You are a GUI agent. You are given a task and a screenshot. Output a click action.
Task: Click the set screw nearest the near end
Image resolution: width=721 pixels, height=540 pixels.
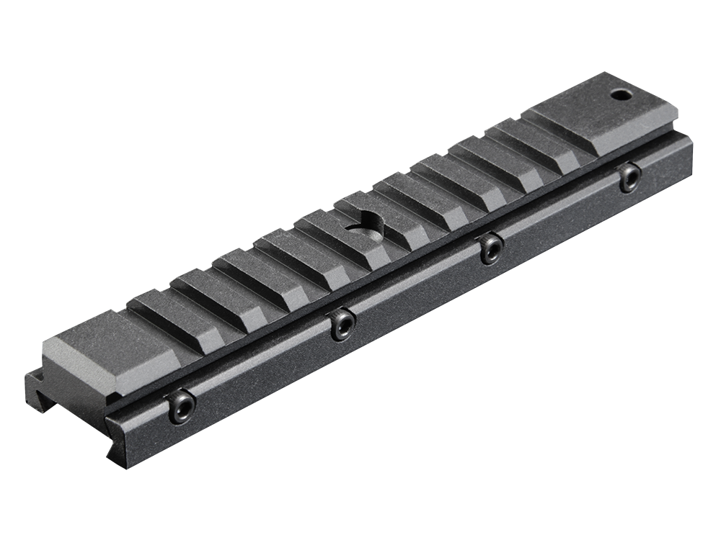click(x=180, y=408)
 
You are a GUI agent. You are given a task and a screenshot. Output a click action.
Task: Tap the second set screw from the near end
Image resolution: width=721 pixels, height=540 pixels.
click(x=342, y=325)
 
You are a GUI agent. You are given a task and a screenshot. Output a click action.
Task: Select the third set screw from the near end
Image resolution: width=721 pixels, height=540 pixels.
click(x=492, y=248)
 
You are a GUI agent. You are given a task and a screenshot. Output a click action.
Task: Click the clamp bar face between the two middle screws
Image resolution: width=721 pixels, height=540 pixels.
click(x=418, y=292)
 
